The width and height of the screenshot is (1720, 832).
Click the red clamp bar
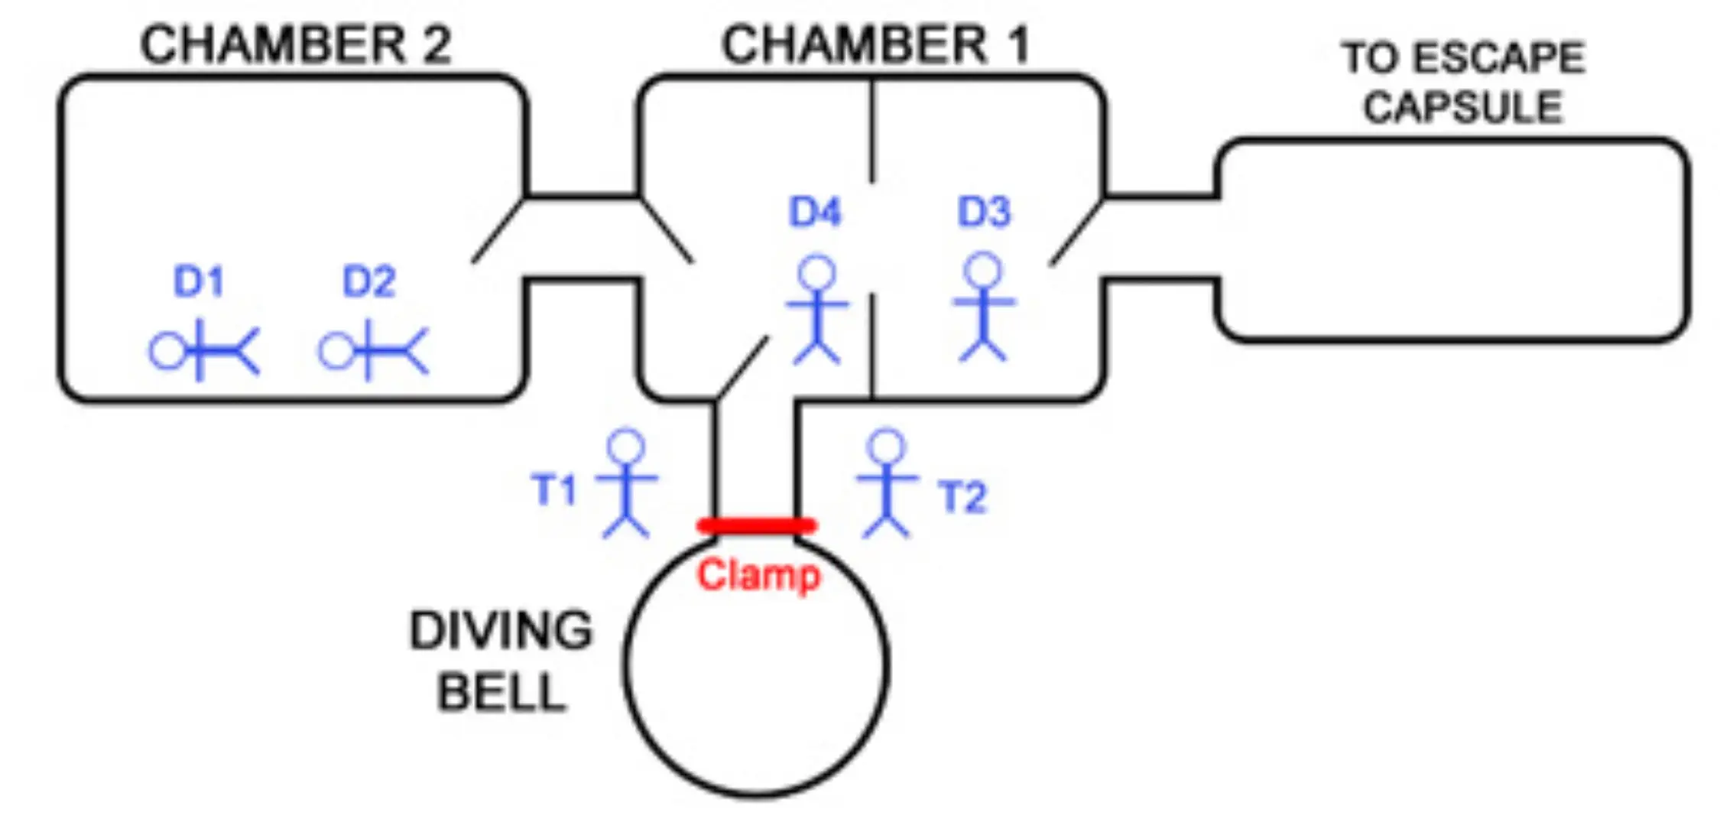tap(756, 526)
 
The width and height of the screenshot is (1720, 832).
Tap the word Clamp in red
tap(758, 575)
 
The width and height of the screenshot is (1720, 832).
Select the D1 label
tap(198, 281)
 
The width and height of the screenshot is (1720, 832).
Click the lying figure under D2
tap(373, 352)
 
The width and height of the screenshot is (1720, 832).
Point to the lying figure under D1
tap(204, 352)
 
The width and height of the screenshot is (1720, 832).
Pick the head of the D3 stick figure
tap(983, 271)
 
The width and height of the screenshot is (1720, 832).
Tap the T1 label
tap(553, 489)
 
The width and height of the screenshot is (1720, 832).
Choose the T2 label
tap(962, 497)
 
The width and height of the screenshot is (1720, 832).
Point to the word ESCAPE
tap(1498, 58)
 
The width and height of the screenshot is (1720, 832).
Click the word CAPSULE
tap(1462, 107)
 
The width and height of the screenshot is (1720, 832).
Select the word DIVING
tap(501, 631)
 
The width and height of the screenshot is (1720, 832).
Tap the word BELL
tap(501, 693)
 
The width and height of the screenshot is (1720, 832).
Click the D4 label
tap(815, 212)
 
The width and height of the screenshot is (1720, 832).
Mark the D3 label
tap(984, 212)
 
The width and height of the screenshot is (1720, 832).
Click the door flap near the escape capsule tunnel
tap(1076, 232)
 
